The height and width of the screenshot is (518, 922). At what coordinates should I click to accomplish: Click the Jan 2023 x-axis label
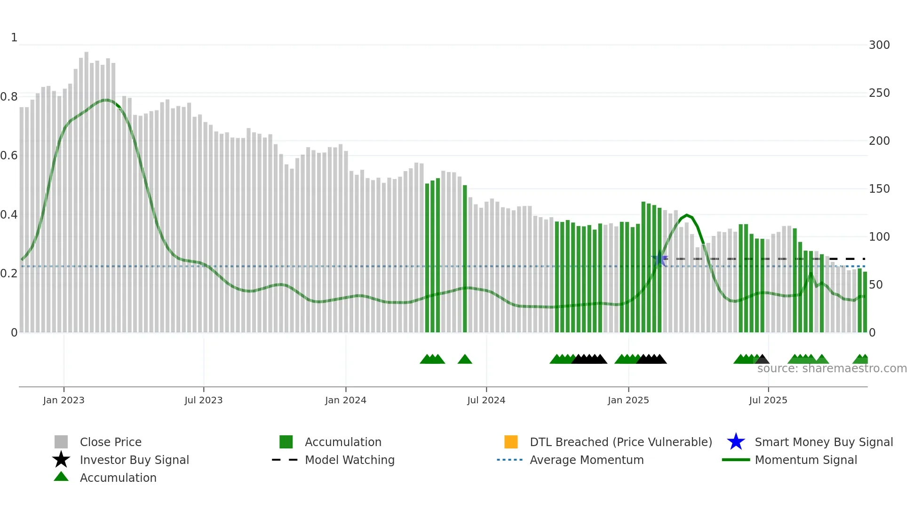(64, 400)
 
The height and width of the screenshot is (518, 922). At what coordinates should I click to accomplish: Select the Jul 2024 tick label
(486, 400)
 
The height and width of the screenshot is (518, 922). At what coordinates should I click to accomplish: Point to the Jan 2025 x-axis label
(628, 400)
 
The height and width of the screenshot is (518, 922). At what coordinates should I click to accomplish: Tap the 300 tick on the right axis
(879, 45)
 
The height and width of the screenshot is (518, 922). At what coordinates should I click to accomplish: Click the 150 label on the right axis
(879, 189)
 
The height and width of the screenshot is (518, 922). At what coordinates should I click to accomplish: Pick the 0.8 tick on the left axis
(9, 97)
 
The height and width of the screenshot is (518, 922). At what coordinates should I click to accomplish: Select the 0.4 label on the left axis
(9, 215)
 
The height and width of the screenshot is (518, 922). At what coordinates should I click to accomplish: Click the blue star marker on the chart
(660, 259)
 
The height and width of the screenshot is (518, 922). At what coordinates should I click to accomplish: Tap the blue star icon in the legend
(736, 442)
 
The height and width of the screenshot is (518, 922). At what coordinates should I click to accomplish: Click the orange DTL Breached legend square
(511, 442)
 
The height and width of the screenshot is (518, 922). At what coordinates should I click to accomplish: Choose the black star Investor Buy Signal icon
(61, 460)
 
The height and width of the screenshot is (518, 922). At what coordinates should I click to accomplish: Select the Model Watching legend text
(350, 460)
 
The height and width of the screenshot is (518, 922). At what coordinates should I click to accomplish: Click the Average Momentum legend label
(586, 460)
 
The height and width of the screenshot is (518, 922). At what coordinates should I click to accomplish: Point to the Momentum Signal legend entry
(805, 460)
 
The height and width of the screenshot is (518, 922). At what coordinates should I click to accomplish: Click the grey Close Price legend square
(61, 442)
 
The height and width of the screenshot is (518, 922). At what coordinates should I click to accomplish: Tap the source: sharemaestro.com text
(832, 369)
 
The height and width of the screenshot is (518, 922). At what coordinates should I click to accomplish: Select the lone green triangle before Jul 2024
(465, 359)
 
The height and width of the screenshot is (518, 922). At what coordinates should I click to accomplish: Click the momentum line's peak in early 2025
(687, 215)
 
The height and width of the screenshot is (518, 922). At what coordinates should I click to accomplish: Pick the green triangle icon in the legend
(61, 477)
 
